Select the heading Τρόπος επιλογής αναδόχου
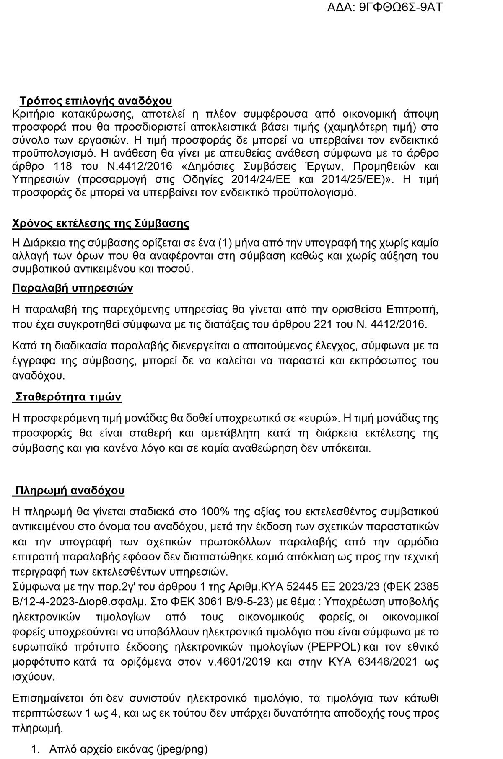click(x=96, y=101)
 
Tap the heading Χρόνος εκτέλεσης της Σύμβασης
click(x=101, y=224)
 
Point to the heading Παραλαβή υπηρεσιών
click(x=73, y=288)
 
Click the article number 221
click(x=322, y=324)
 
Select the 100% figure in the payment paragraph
click(x=215, y=512)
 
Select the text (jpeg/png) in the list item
click(x=181, y=749)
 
